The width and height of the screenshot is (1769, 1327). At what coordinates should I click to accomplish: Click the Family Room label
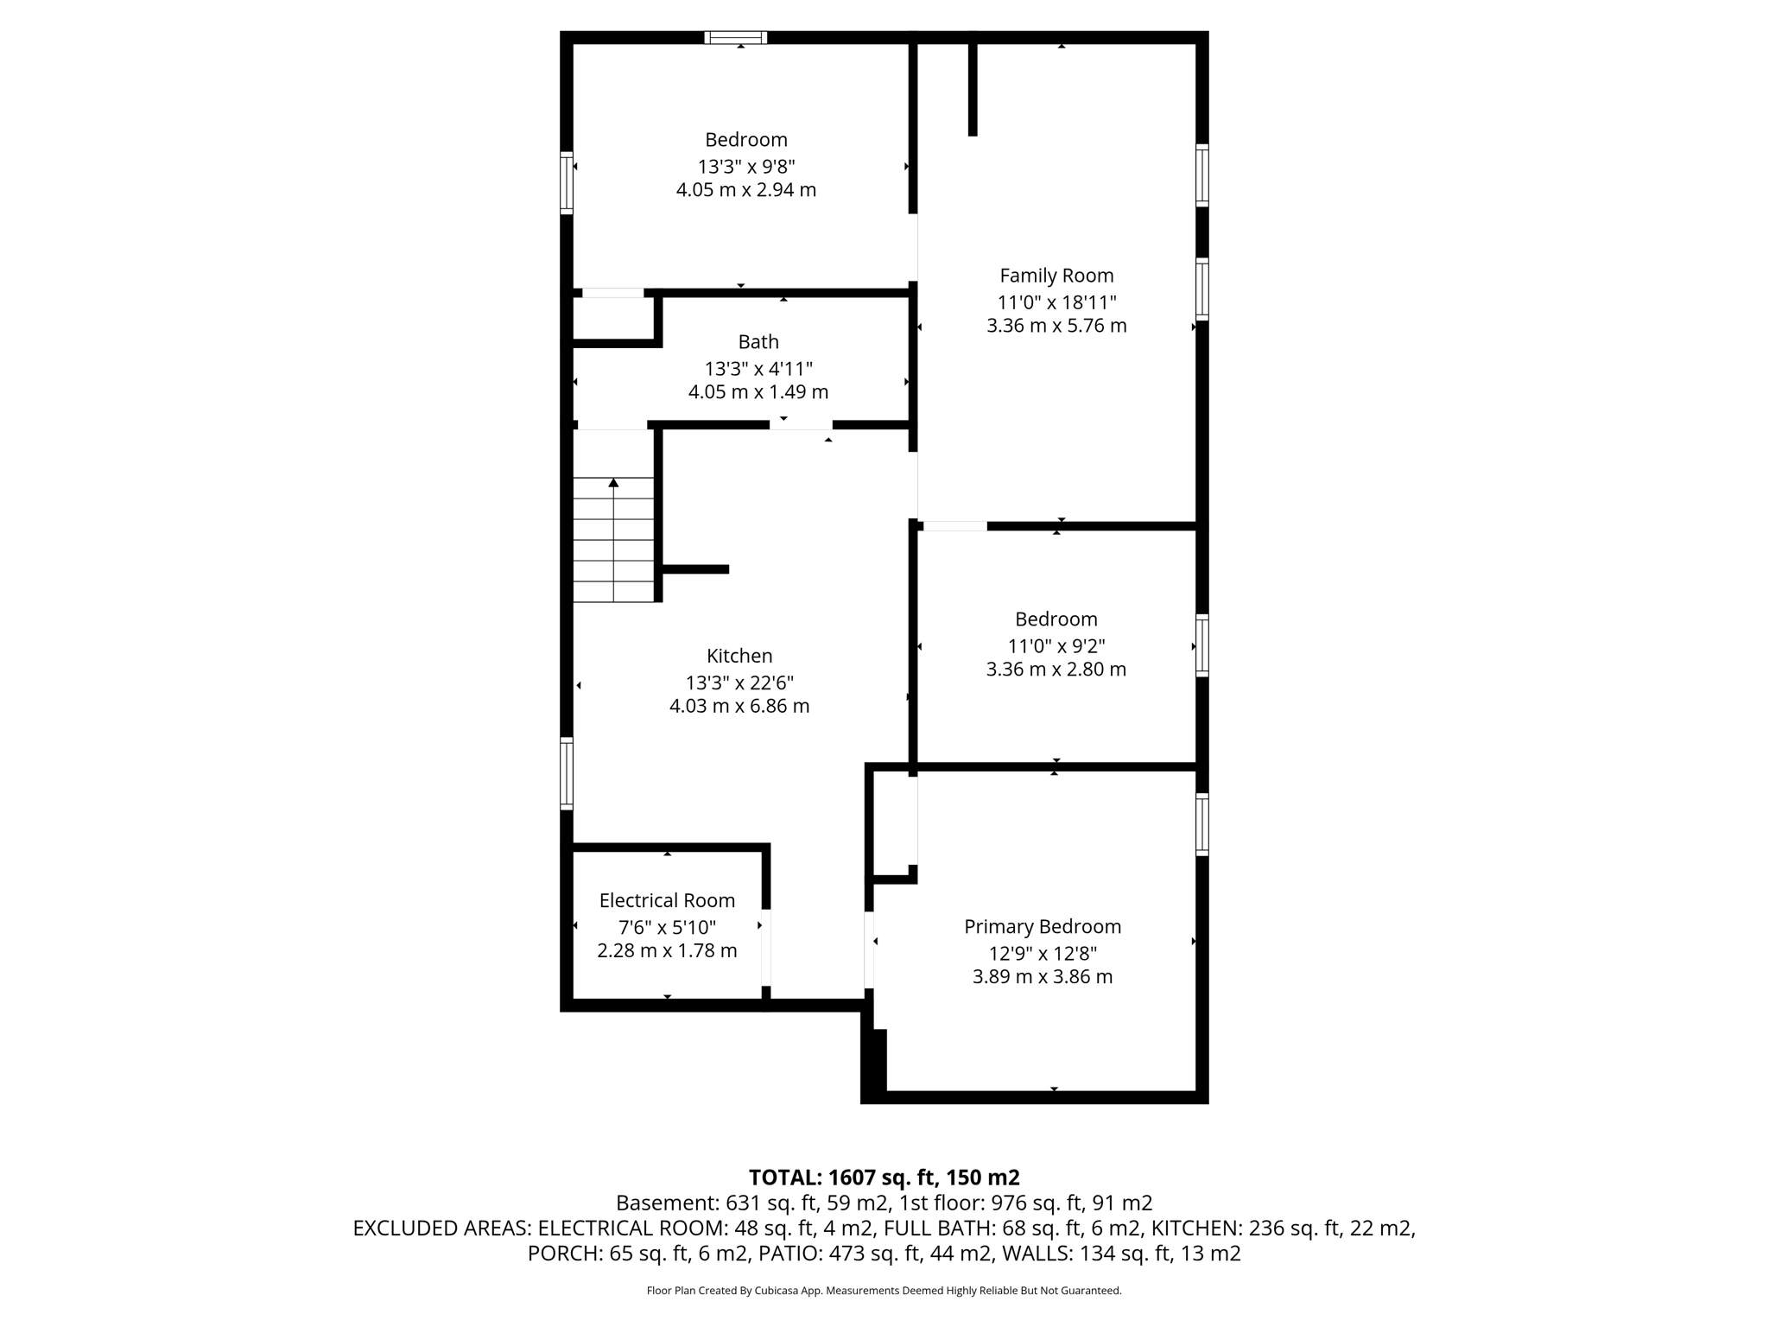click(x=1056, y=276)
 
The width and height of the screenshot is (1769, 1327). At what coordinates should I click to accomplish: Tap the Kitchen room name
click(x=739, y=656)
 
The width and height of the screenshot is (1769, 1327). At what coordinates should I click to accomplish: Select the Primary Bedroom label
click(x=1043, y=927)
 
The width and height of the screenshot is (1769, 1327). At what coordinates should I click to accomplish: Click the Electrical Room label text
click(x=667, y=901)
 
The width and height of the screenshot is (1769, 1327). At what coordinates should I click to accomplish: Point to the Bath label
click(x=758, y=342)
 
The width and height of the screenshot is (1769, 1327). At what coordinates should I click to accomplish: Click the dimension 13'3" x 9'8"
click(x=746, y=166)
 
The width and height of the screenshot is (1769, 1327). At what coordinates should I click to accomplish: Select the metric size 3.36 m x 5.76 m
click(x=1056, y=326)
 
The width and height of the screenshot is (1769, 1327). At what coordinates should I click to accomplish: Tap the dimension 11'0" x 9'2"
click(x=1056, y=646)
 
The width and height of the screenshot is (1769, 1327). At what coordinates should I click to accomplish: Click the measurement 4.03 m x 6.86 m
click(x=739, y=706)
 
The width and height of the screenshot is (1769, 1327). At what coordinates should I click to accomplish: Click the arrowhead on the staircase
click(x=613, y=482)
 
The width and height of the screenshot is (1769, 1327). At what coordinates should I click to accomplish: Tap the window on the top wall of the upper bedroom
click(x=735, y=37)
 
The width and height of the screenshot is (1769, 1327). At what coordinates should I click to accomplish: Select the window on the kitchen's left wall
click(x=567, y=773)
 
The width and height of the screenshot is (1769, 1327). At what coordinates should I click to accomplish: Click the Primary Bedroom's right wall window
click(x=1202, y=824)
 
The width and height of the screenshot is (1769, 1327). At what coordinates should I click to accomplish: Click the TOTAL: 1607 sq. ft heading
click(x=884, y=1178)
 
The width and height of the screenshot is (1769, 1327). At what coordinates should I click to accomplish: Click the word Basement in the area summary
click(x=665, y=1203)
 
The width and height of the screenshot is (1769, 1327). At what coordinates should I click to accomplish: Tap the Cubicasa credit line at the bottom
click(x=884, y=1291)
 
